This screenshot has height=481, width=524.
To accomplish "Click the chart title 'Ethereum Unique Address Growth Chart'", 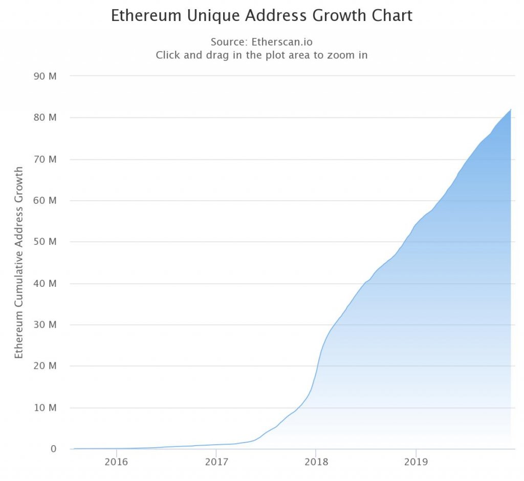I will (x=261, y=16).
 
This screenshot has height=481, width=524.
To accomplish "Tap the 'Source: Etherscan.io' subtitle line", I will (x=261, y=42).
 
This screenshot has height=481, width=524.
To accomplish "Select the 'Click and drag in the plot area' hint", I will (x=261, y=55).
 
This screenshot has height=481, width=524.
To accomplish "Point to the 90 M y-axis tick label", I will (x=45, y=76).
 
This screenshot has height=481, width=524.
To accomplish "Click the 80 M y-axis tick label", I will (x=45, y=117).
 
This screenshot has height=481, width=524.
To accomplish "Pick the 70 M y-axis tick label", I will (x=45, y=159).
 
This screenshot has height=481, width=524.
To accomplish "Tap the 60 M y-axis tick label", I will (x=45, y=200).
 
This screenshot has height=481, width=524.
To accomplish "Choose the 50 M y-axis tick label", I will (x=45, y=242).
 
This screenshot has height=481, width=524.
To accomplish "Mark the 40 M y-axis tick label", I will (x=45, y=283).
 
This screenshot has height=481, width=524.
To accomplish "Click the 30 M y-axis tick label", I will (x=45, y=325).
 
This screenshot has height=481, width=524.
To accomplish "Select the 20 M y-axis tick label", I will (x=45, y=366).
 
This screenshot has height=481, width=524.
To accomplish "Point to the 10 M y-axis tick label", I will (x=45, y=408).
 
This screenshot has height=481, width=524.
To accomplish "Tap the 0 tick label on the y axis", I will (x=53, y=449).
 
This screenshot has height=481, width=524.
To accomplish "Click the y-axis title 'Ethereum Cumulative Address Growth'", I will (x=19, y=262).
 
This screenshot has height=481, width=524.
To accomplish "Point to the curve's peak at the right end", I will (x=510, y=110).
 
